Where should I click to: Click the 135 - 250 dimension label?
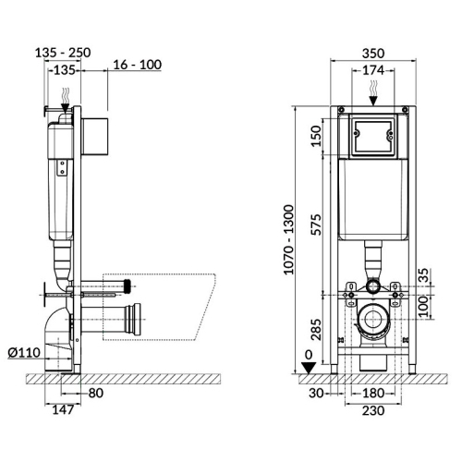click(x=63, y=53)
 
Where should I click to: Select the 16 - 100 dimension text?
click(x=138, y=65)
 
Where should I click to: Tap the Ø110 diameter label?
click(x=24, y=352)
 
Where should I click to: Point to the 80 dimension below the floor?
click(x=96, y=393)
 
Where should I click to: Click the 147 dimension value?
click(x=63, y=409)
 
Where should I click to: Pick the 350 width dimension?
click(x=373, y=54)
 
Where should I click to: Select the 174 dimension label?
click(x=373, y=70)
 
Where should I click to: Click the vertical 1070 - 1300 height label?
click(x=288, y=239)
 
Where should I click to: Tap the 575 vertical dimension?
click(x=316, y=225)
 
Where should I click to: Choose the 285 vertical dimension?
click(x=316, y=330)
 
